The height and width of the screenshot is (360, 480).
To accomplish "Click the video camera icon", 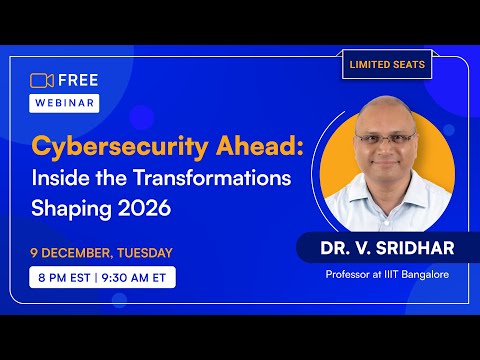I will [x=41, y=81].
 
